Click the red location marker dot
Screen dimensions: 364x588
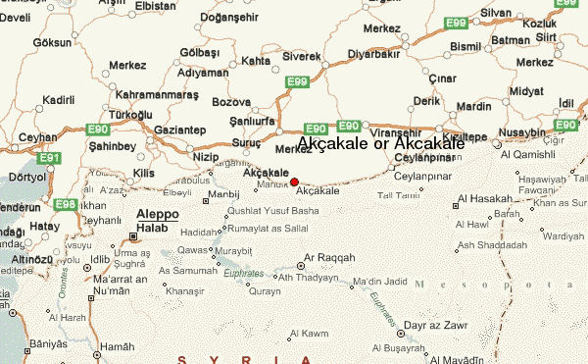tap(294, 182)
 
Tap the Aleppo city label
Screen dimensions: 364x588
tap(157, 212)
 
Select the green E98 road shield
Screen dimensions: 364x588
tap(66, 204)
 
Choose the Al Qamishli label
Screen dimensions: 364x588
tap(528, 154)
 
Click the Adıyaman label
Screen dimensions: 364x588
tap(203, 73)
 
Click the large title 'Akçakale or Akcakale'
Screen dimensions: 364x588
tap(380, 144)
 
